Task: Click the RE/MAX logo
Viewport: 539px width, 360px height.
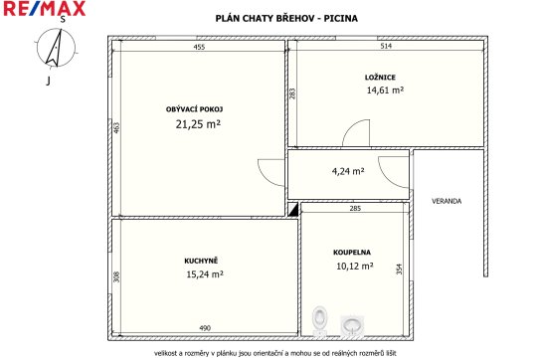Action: [45, 8]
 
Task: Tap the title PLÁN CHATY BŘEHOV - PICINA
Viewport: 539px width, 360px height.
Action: [286, 18]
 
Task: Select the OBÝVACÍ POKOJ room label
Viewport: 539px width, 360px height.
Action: [195, 109]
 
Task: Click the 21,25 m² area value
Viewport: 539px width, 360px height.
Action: [198, 123]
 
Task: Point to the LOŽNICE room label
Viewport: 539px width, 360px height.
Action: [380, 78]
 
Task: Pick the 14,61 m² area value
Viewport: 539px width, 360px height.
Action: [385, 90]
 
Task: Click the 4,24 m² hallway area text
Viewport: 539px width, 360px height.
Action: [348, 171]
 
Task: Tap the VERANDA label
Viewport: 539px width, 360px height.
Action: [447, 201]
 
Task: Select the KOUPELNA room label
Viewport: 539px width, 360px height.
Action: [352, 253]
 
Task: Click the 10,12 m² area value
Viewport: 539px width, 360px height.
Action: [355, 266]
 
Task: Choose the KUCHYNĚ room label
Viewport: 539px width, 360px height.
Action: [201, 261]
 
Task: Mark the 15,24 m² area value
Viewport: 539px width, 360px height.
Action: [205, 274]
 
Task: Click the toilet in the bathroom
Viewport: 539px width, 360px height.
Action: [319, 321]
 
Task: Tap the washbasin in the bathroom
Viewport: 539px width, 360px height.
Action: [351, 325]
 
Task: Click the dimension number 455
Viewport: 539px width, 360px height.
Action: [199, 47]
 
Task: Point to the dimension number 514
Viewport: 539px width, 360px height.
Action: [386, 46]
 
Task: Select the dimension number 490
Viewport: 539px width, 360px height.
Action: [205, 328]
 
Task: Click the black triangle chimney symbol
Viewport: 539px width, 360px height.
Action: [294, 211]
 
